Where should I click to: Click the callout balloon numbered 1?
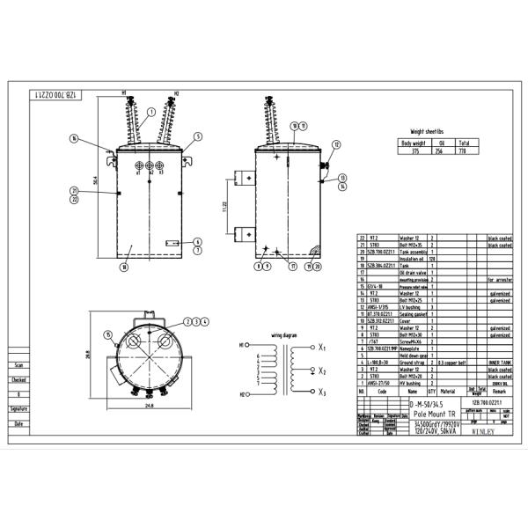(x=150, y=112)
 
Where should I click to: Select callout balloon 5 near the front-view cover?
(x=199, y=136)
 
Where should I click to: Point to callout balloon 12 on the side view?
(x=335, y=143)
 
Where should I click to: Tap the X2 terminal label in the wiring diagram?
(x=323, y=370)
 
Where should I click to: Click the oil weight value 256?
(x=440, y=150)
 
